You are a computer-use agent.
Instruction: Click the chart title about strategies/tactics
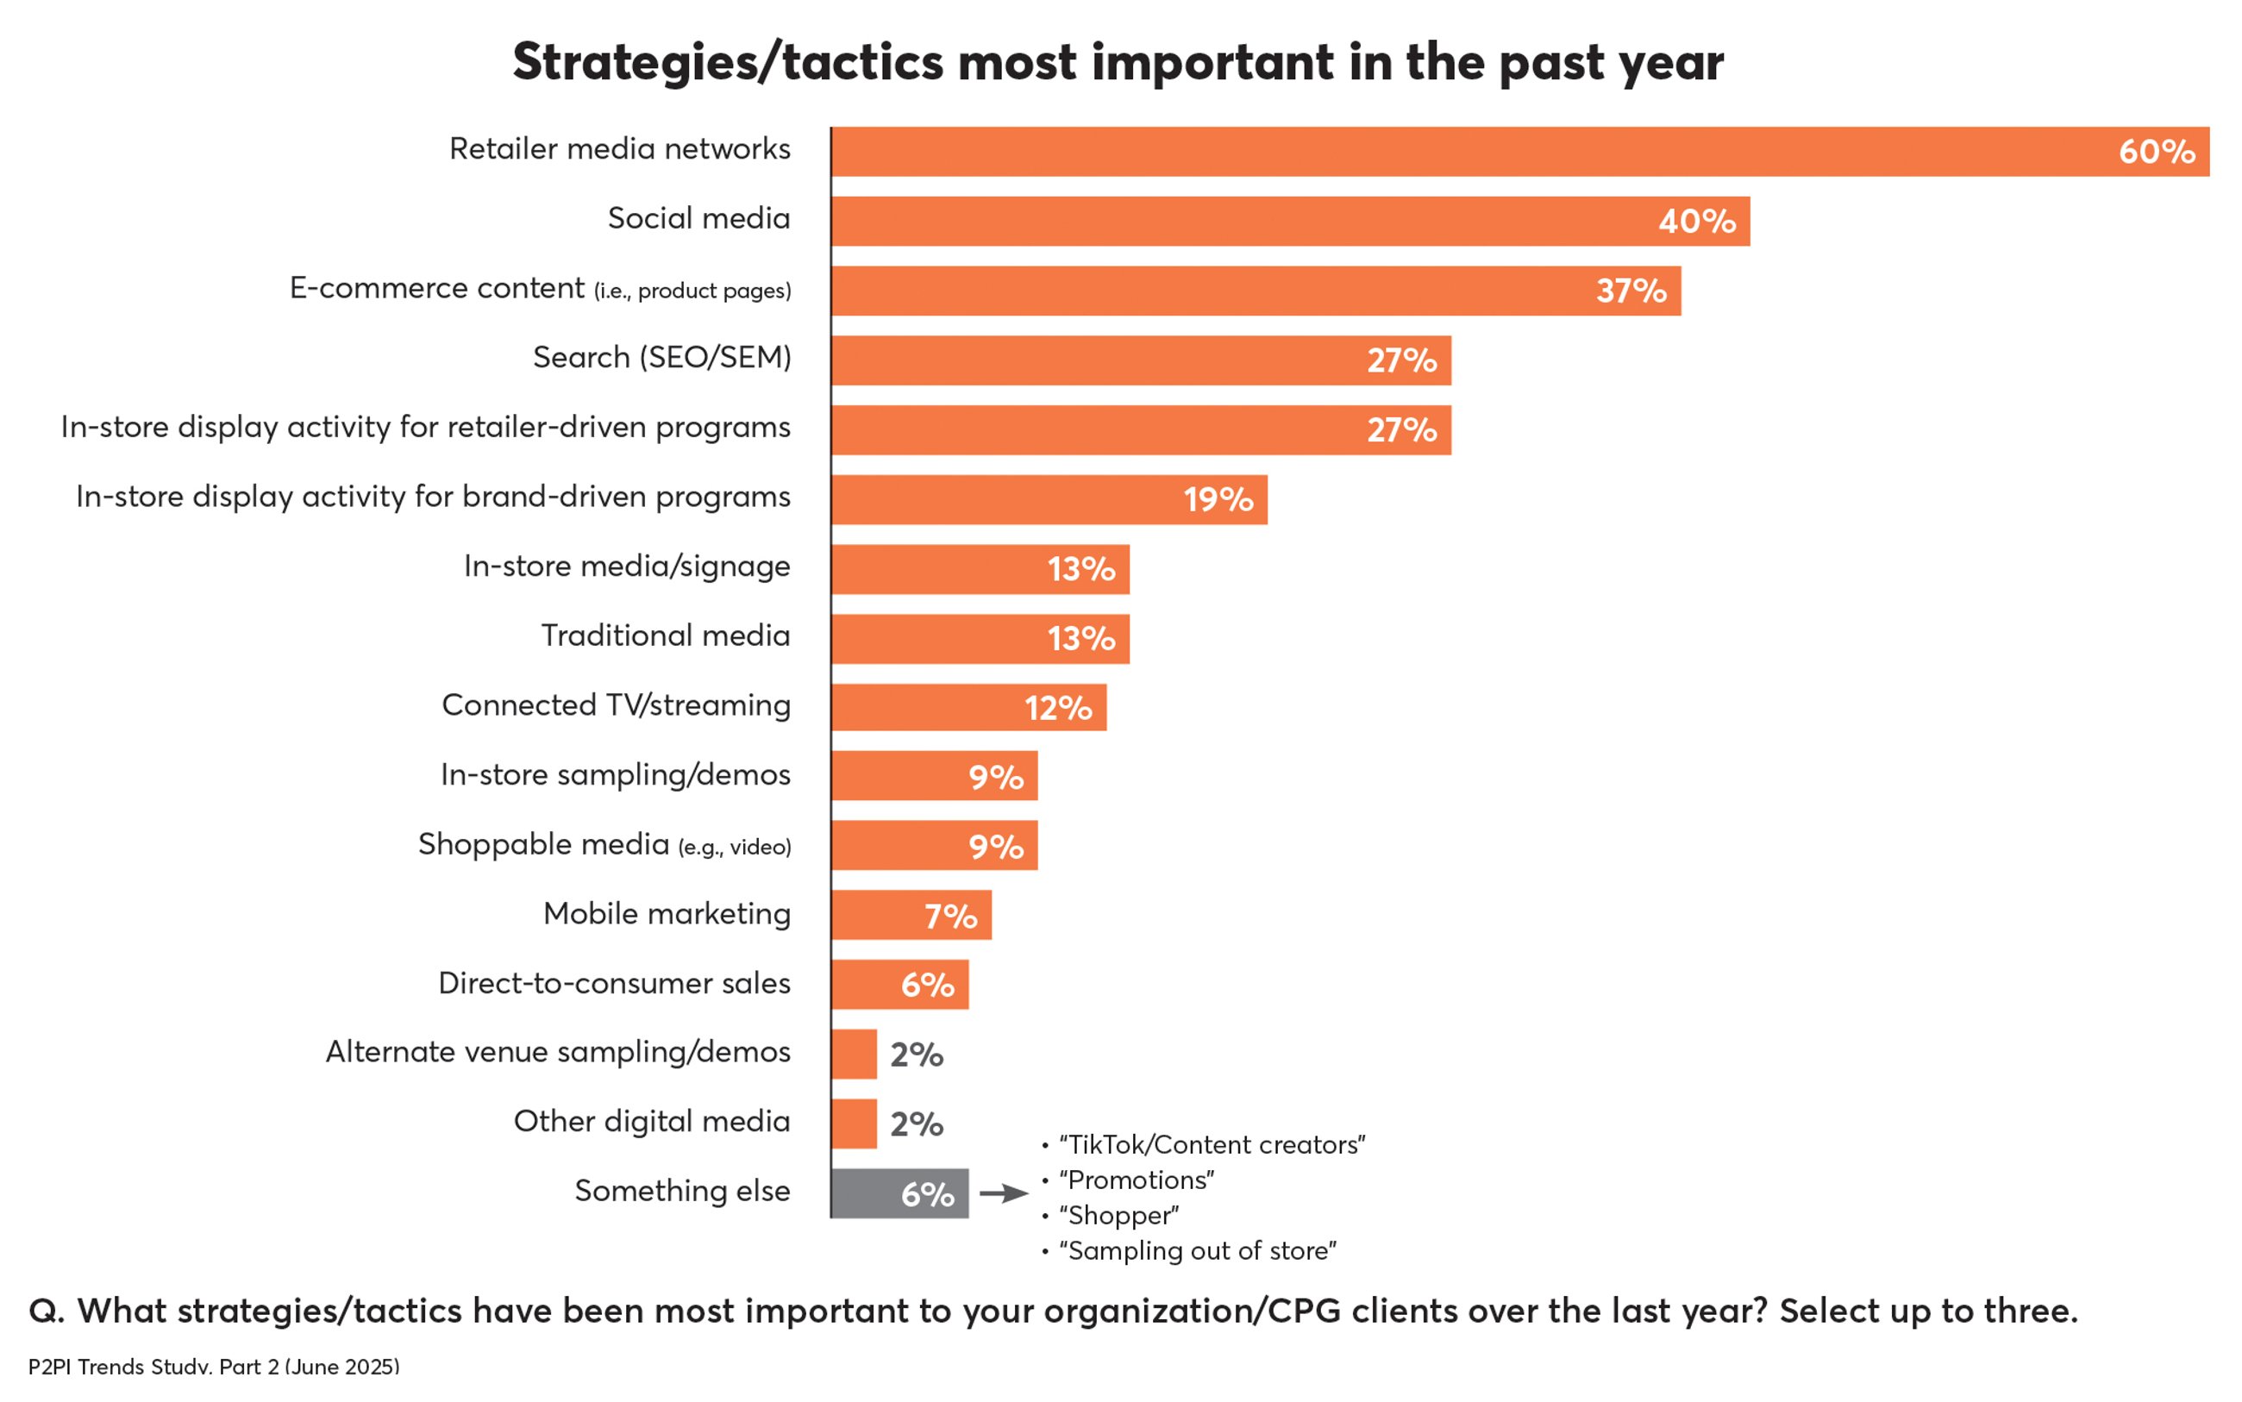1118,62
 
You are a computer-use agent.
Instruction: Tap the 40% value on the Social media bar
1696,221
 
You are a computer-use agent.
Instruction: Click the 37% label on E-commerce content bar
1630,291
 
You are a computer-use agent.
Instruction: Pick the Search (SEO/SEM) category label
661,357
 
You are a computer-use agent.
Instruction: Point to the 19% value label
1218,500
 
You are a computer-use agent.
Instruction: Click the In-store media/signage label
627,566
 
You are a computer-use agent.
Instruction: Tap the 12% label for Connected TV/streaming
1057,709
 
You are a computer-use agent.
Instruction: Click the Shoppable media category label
604,845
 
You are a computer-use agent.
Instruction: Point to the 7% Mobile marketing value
950,916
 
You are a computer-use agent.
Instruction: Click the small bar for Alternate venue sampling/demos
854,1054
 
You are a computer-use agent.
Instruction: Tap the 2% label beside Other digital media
916,1123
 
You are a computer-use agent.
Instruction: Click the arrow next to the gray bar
1003,1193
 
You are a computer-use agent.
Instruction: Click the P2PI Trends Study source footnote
213,1366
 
